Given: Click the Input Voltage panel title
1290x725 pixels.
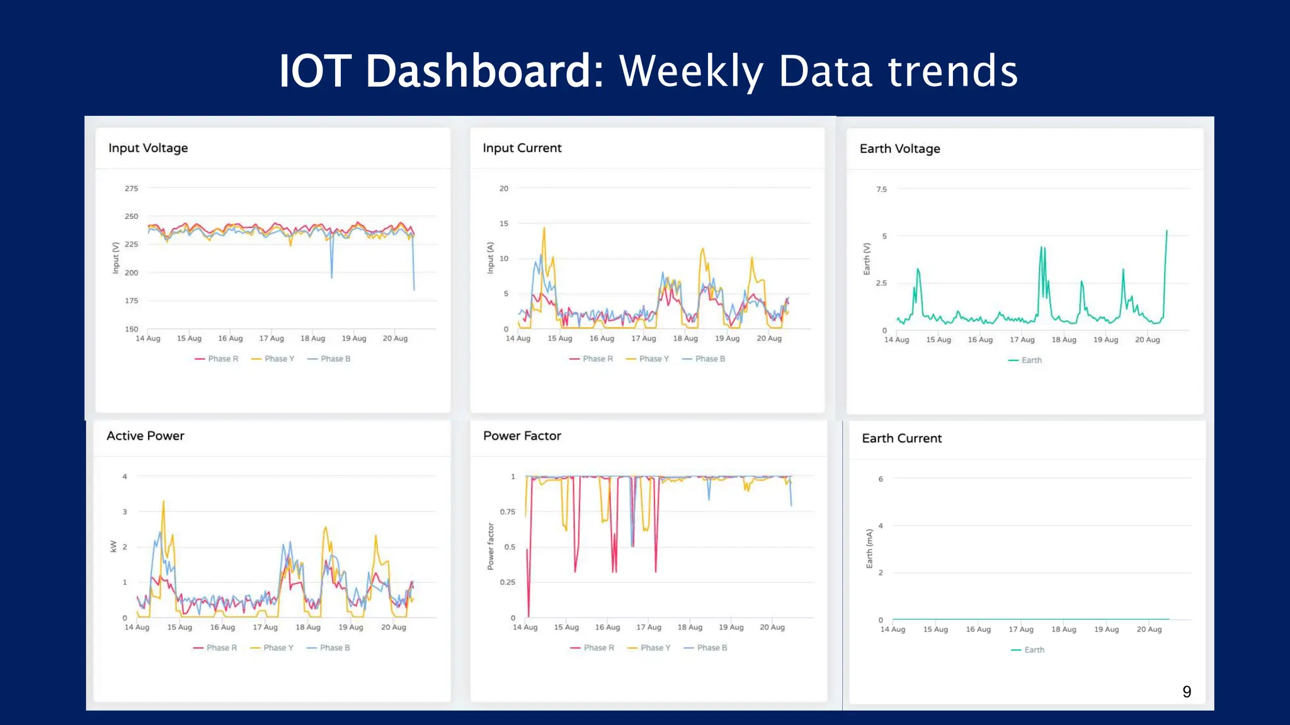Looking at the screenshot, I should click(148, 148).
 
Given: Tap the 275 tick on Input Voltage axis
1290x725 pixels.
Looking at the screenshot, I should click(131, 188).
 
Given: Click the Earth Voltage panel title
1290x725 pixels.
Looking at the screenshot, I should click(899, 149).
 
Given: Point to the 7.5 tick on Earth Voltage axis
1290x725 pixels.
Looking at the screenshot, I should click(881, 189).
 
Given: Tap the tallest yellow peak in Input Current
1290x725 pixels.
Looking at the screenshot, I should click(544, 228).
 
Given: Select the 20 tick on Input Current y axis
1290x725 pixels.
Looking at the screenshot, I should click(504, 188).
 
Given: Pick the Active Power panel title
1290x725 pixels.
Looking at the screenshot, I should click(146, 436).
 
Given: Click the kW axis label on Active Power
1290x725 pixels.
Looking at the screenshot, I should click(113, 546).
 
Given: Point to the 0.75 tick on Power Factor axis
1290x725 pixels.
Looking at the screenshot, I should click(508, 512).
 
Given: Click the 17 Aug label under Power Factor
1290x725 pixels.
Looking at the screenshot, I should click(649, 627).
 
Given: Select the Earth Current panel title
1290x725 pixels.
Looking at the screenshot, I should click(901, 438).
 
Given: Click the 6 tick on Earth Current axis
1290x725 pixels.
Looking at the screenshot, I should click(881, 479).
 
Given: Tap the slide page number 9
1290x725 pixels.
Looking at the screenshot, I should click(1187, 692).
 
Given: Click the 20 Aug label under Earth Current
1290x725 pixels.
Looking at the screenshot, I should click(1149, 629).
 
